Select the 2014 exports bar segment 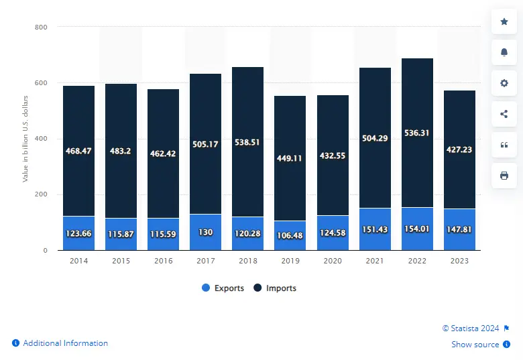79,233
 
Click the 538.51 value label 248,142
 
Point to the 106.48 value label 290,235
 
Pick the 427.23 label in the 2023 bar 459,150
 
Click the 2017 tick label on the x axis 205,261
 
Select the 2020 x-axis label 333,261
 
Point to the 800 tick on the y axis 41,27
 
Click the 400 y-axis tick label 41,139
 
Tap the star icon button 504,22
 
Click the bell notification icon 504,52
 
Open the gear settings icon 504,83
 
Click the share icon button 504,114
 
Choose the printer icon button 504,176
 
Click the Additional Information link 65,343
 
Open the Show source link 475,345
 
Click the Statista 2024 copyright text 471,328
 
